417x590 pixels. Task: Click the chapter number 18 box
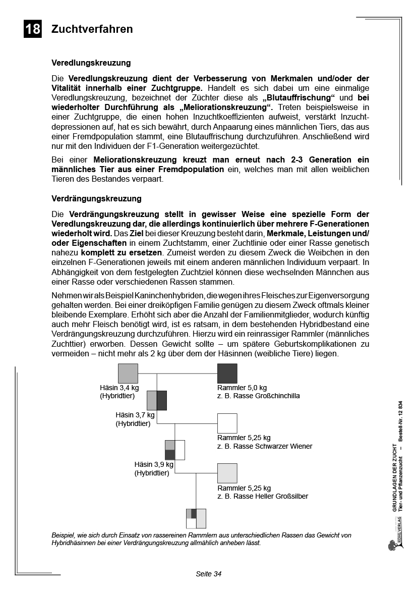(33, 29)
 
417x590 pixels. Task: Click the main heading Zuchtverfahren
(92, 29)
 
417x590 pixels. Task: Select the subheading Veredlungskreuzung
(91, 63)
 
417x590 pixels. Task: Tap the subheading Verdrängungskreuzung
(96, 199)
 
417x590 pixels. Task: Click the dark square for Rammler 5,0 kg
(227, 373)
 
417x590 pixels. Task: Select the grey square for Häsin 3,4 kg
(128, 373)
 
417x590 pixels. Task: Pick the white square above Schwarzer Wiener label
(227, 423)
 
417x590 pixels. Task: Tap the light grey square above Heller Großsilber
(227, 473)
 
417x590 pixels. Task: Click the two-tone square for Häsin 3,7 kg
(157, 400)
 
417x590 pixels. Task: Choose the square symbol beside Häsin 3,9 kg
(175, 450)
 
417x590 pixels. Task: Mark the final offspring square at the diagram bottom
(196, 518)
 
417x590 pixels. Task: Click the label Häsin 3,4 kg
(119, 388)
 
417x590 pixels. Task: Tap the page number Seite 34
(209, 574)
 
